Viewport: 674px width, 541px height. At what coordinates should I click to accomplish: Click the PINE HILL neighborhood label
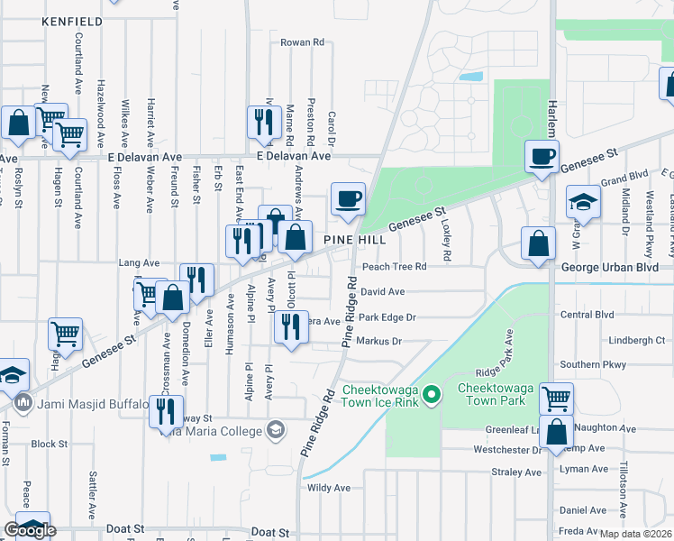tap(356, 240)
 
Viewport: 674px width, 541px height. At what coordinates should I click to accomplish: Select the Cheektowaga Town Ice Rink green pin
tap(432, 395)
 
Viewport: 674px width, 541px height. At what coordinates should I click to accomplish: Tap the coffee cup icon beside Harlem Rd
tap(542, 157)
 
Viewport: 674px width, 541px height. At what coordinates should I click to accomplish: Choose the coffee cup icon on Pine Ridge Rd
tap(348, 199)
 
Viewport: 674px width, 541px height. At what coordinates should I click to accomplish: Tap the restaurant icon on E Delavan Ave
tap(262, 123)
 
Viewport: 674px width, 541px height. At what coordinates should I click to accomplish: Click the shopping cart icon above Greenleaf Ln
tap(556, 398)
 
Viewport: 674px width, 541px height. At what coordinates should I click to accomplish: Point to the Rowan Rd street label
tap(302, 42)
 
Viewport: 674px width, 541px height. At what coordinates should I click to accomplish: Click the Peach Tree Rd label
tap(393, 267)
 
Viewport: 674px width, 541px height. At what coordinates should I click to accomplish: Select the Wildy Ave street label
tap(328, 488)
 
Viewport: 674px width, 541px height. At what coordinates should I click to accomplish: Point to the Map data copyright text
tap(636, 534)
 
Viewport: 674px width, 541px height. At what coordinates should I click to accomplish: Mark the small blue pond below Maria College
tap(218, 457)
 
